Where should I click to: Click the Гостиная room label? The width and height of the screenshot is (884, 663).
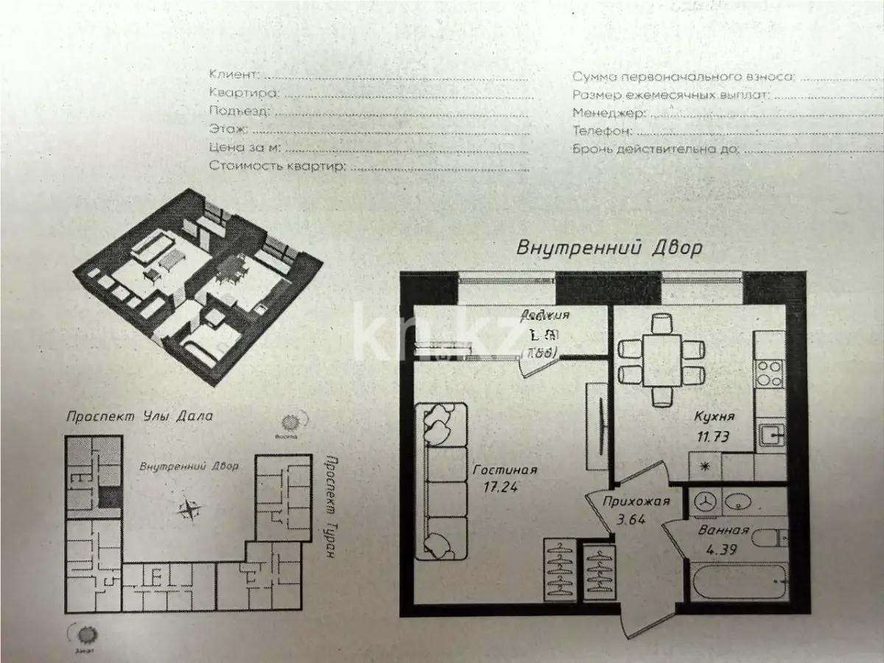click(505, 469)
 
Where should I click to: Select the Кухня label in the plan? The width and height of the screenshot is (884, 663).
click(714, 417)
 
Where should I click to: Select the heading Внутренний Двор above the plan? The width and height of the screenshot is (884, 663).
click(608, 248)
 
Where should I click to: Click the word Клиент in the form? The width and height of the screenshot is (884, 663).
click(234, 74)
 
